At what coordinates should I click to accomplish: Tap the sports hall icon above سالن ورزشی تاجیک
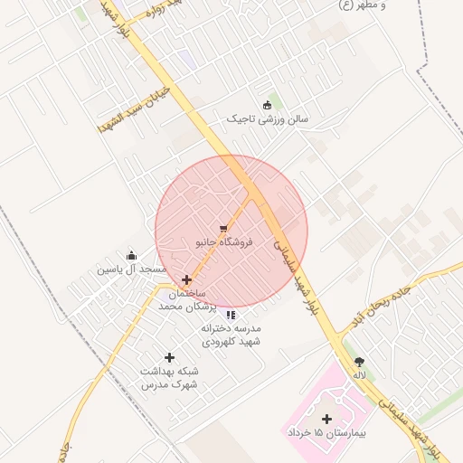coord(266,104)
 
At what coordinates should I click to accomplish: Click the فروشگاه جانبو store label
coord(224,242)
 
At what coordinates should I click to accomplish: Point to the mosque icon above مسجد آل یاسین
coord(132,255)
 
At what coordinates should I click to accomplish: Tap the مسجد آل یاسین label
coord(132,269)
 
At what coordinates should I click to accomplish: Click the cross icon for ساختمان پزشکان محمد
coord(187,280)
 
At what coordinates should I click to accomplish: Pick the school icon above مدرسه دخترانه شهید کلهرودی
coord(231,315)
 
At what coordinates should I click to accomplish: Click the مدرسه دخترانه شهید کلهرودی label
coord(231,335)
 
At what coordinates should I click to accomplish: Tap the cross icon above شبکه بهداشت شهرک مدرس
coord(169,358)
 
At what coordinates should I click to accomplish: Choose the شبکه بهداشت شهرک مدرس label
coord(169,378)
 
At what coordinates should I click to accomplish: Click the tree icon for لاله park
coord(359,362)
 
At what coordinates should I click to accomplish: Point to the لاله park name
coord(359,375)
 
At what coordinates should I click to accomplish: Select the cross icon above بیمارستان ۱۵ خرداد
coord(326,419)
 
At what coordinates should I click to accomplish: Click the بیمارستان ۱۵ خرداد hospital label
coord(326,434)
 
